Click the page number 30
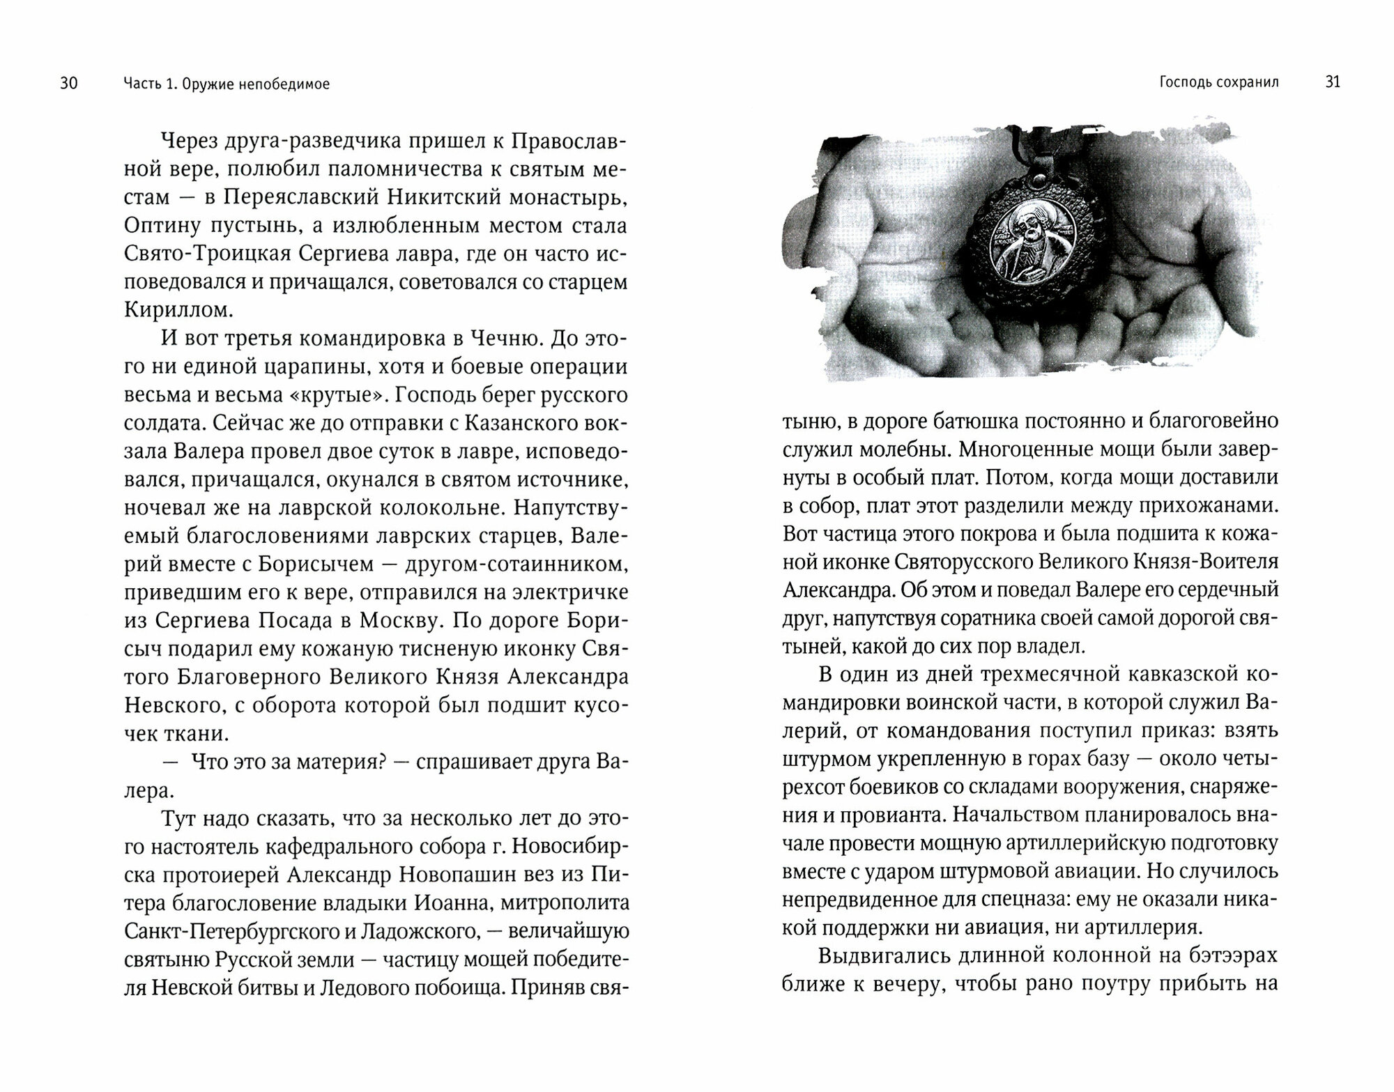[69, 84]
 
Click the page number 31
[1332, 82]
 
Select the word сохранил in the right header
[1248, 82]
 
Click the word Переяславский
[300, 197]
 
